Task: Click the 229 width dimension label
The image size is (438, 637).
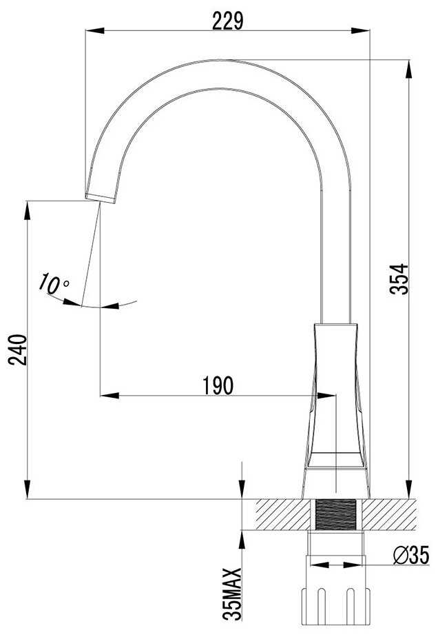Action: (228, 21)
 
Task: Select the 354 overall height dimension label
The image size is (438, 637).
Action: (399, 279)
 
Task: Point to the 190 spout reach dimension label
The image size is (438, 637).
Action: (218, 385)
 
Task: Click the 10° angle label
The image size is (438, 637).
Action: (54, 283)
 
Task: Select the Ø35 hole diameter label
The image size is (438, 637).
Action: (411, 556)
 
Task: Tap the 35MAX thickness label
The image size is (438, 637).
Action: (232, 594)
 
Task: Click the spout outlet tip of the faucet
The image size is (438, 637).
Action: (100, 199)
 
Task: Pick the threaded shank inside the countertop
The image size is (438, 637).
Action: (335, 514)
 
